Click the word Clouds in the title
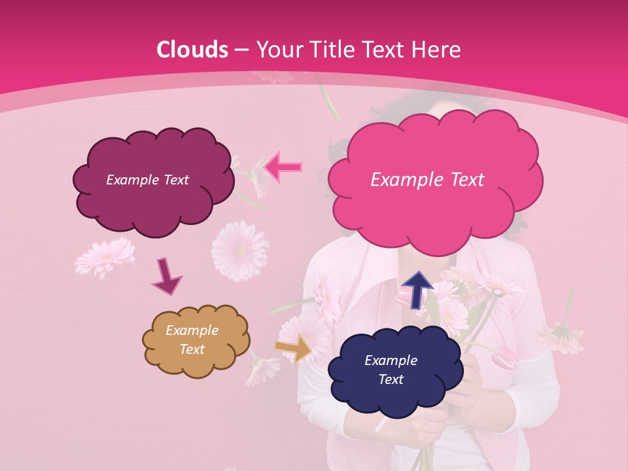(192, 50)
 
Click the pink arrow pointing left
(283, 167)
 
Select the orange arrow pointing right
(294, 348)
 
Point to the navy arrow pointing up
(417, 290)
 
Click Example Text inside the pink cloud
(427, 180)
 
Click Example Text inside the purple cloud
(147, 180)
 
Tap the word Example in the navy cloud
(391, 360)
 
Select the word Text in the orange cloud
(192, 349)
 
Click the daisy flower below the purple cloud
(239, 251)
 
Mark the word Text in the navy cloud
(391, 379)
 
